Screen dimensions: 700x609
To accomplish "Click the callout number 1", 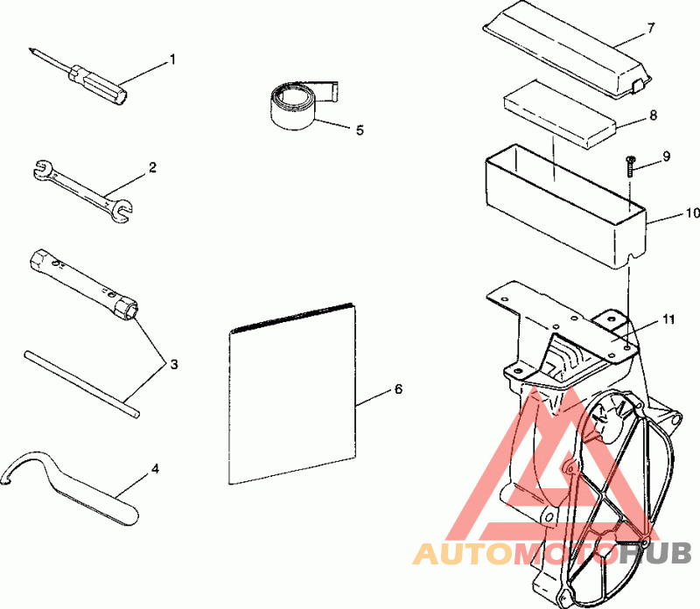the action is pyautogui.click(x=172, y=59).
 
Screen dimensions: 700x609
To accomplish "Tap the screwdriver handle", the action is pyautogui.click(x=98, y=84).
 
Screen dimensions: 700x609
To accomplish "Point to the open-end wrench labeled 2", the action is pyautogui.click(x=83, y=191).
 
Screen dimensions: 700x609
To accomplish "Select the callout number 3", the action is pyautogui.click(x=174, y=364).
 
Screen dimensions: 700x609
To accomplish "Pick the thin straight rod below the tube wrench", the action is pyautogui.click(x=81, y=384).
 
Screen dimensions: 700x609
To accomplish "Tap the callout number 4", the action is pyautogui.click(x=155, y=469).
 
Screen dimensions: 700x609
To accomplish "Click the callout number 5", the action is pyautogui.click(x=360, y=129).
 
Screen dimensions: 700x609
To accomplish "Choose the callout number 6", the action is pyautogui.click(x=398, y=389).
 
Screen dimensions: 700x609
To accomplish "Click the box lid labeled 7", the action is pyautogui.click(x=567, y=48).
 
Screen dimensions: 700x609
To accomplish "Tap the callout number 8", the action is pyautogui.click(x=653, y=115).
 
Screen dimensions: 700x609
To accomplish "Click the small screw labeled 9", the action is pyautogui.click(x=630, y=166).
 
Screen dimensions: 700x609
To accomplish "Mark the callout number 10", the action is pyautogui.click(x=692, y=213).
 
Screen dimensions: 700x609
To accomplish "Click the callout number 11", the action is pyautogui.click(x=668, y=319).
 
